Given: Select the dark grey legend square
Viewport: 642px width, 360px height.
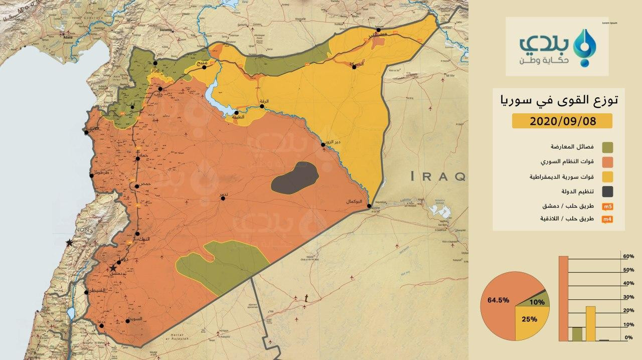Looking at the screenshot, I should (x=607, y=191).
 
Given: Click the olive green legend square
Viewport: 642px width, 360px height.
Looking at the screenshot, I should (x=607, y=147).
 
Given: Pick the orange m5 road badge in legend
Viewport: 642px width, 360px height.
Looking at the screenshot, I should (x=607, y=206).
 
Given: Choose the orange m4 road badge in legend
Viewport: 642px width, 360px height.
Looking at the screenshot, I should (x=607, y=220).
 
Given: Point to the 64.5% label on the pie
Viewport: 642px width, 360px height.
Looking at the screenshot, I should (x=499, y=300).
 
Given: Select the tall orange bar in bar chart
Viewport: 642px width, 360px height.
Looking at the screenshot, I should (x=563, y=298).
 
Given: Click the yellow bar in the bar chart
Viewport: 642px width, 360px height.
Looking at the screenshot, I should (x=590, y=323).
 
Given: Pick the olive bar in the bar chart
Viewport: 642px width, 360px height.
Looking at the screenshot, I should (x=577, y=334).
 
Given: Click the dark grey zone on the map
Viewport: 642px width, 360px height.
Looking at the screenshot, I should (x=295, y=177).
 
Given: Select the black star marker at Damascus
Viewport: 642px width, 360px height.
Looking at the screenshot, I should (x=114, y=268).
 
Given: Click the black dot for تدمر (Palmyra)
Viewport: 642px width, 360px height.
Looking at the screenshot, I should (x=223, y=199).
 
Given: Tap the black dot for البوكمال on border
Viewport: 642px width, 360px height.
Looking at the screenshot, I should (x=369, y=206).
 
